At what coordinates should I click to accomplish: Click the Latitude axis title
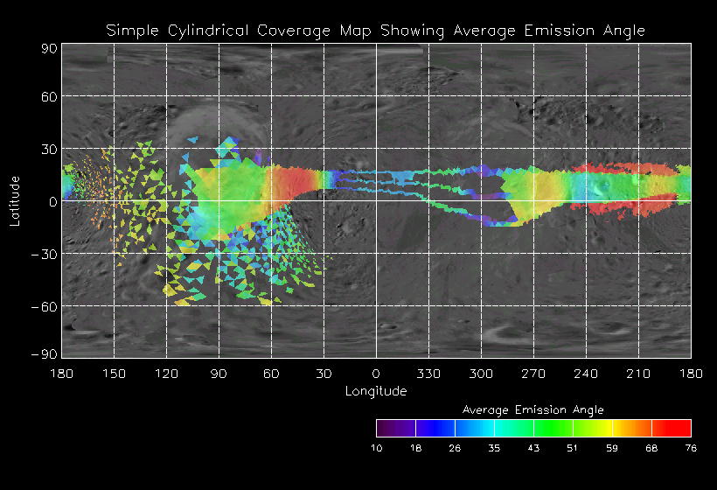[x=15, y=200]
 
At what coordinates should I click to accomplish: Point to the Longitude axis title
[x=376, y=390]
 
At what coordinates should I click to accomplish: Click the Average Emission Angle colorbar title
[x=533, y=409]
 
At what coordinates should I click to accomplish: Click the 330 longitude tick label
[x=428, y=374]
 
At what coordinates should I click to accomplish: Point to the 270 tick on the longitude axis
[x=533, y=374]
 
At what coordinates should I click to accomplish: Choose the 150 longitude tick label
[x=114, y=374]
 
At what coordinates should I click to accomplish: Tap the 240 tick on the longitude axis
[x=586, y=374]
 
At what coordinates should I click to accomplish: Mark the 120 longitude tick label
[x=166, y=374]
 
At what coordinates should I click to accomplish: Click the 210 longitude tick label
[x=638, y=374]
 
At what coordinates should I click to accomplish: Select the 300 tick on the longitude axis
[x=481, y=374]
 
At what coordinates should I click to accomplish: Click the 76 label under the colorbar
[x=691, y=448]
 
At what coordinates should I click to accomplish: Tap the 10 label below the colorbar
[x=376, y=448]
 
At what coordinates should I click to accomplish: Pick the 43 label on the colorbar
[x=533, y=448]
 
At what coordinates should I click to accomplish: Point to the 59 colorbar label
[x=612, y=448]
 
